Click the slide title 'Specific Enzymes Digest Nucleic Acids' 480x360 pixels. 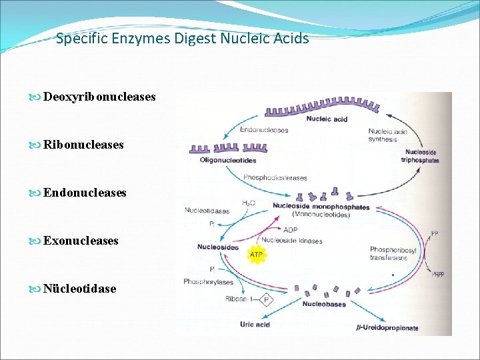(x=183, y=39)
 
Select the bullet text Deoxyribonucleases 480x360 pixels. (x=99, y=97)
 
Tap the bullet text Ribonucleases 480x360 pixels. (x=83, y=145)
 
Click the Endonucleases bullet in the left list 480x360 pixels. (x=85, y=193)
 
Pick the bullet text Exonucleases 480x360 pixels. (x=81, y=241)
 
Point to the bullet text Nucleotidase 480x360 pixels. (x=79, y=289)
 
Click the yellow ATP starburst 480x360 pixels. (x=256, y=254)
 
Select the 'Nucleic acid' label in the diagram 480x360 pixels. (x=327, y=119)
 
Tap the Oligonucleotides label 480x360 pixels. (x=227, y=160)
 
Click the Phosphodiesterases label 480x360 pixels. (x=275, y=178)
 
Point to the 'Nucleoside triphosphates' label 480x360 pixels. (x=420, y=156)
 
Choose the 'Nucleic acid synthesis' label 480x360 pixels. (x=387, y=135)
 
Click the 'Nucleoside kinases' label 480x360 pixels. (x=292, y=241)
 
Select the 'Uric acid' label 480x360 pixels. (x=255, y=325)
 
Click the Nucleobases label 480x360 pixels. (x=324, y=304)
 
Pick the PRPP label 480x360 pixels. (x=438, y=274)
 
